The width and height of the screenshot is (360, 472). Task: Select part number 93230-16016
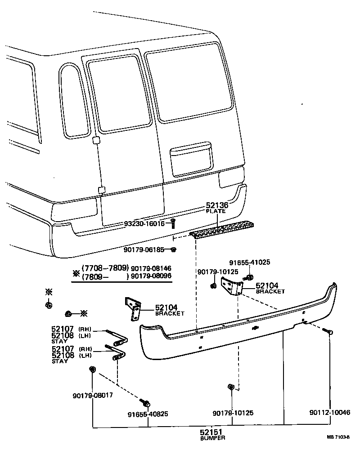(145, 224)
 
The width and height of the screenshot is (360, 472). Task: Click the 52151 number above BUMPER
(211, 432)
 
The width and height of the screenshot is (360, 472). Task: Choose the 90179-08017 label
(92, 396)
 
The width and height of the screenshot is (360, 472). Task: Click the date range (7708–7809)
(105, 267)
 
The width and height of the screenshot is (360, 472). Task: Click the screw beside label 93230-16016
(173, 223)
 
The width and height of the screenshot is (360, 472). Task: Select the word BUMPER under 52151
(212, 438)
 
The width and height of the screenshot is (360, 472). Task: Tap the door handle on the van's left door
(95, 140)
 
